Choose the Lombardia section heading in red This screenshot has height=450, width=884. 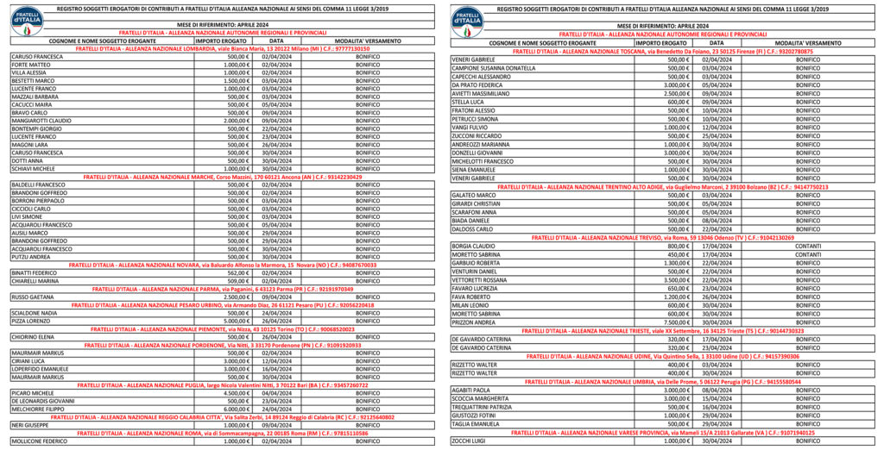click(x=223, y=49)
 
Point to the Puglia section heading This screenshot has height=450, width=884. click(x=223, y=384)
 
